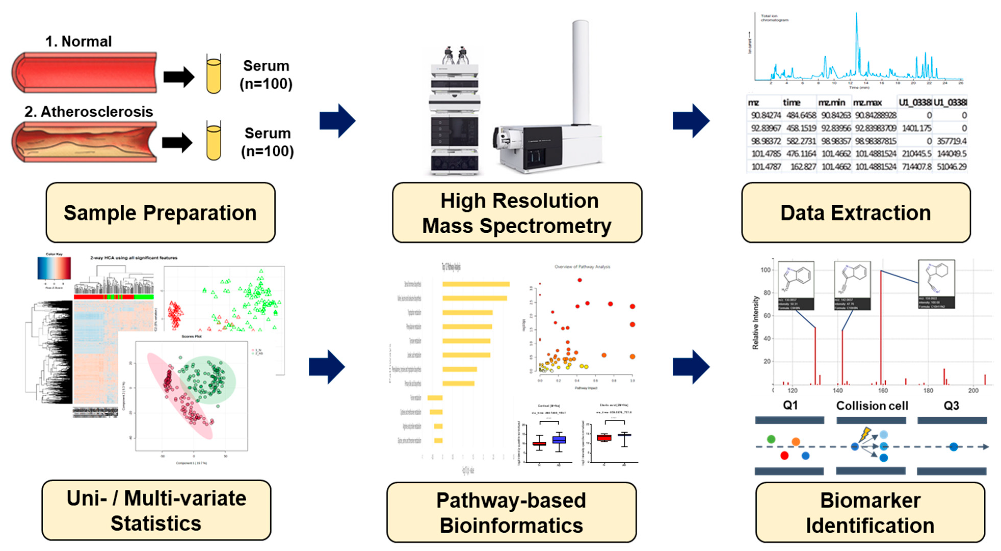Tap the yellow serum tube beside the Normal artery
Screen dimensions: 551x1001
[x=213, y=75]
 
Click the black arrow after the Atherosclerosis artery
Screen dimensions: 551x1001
[x=177, y=142]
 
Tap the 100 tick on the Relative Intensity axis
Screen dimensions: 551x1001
[x=765, y=270]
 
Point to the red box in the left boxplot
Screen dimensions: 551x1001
[x=539, y=443]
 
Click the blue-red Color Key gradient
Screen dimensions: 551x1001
[x=54, y=268]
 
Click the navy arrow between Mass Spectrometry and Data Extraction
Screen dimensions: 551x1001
[x=691, y=120]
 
